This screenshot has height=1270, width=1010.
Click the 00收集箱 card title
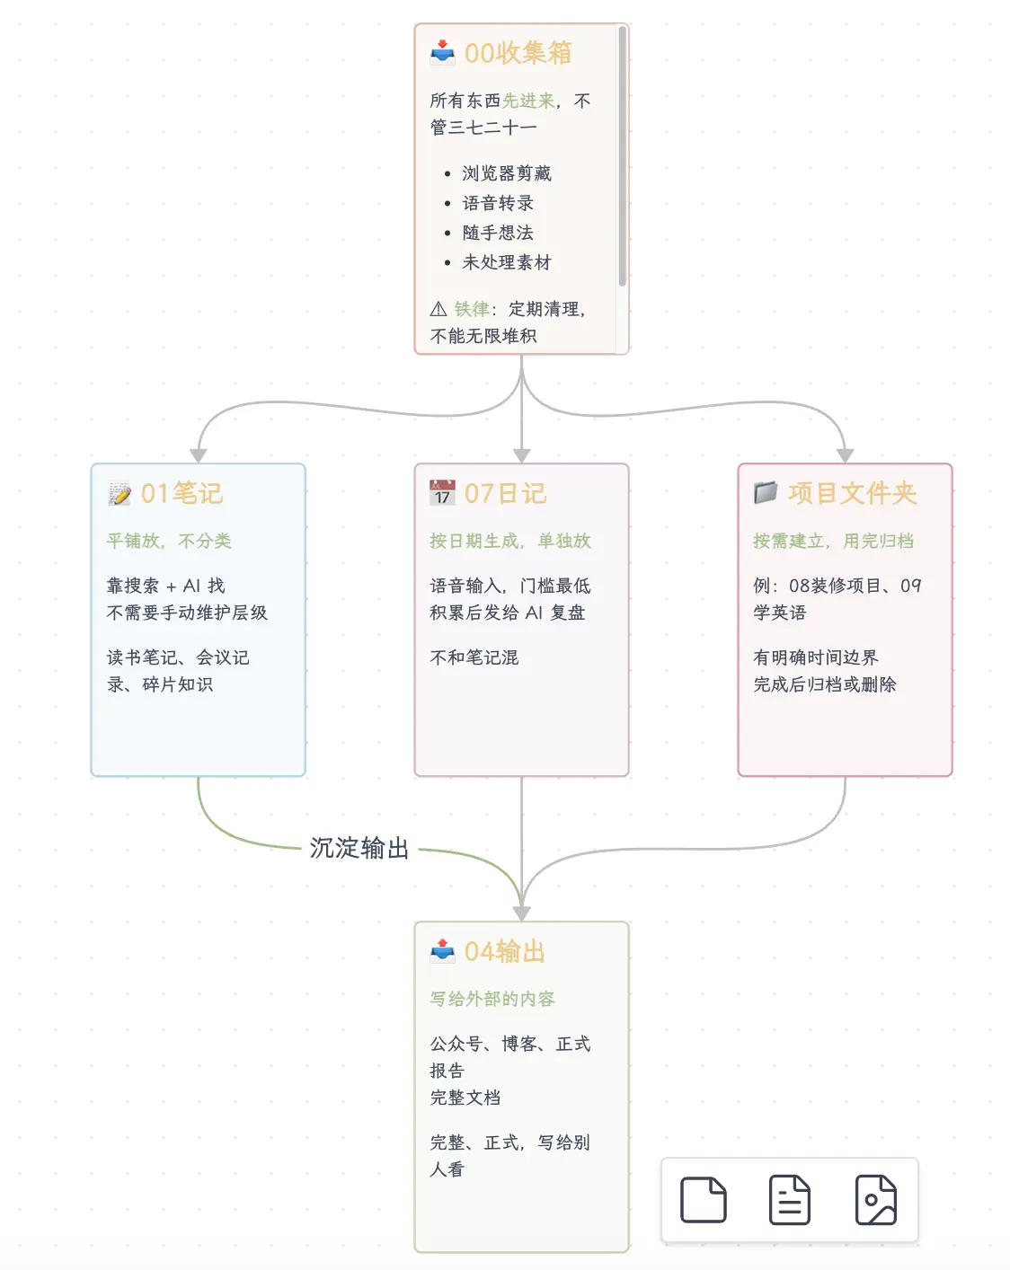click(x=518, y=53)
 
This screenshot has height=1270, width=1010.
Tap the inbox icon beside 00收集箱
click(x=442, y=53)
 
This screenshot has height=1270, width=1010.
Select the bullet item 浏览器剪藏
click(x=507, y=173)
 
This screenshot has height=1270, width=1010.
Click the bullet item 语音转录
click(x=498, y=203)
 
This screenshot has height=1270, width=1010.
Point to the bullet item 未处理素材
click(x=507, y=262)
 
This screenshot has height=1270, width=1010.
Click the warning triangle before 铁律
click(x=439, y=309)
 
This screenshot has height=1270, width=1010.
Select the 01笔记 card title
click(x=182, y=493)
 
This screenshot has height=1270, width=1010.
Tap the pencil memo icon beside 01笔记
click(x=120, y=493)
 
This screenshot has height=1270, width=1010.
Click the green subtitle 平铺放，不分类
click(x=169, y=541)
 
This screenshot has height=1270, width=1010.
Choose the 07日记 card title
click(x=506, y=493)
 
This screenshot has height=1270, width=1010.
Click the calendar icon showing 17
click(x=442, y=492)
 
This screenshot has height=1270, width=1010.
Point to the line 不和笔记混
click(x=474, y=657)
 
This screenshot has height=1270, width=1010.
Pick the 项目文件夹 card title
click(x=852, y=493)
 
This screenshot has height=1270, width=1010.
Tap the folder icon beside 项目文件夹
click(x=766, y=492)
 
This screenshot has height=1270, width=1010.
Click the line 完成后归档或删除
click(x=825, y=684)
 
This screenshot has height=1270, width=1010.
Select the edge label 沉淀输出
click(x=359, y=848)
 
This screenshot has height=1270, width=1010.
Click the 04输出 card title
click(x=505, y=951)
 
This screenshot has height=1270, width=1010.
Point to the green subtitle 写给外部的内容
click(x=492, y=999)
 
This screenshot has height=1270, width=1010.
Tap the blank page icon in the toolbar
click(x=704, y=1200)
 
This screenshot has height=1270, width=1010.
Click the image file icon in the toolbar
click(x=875, y=1200)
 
